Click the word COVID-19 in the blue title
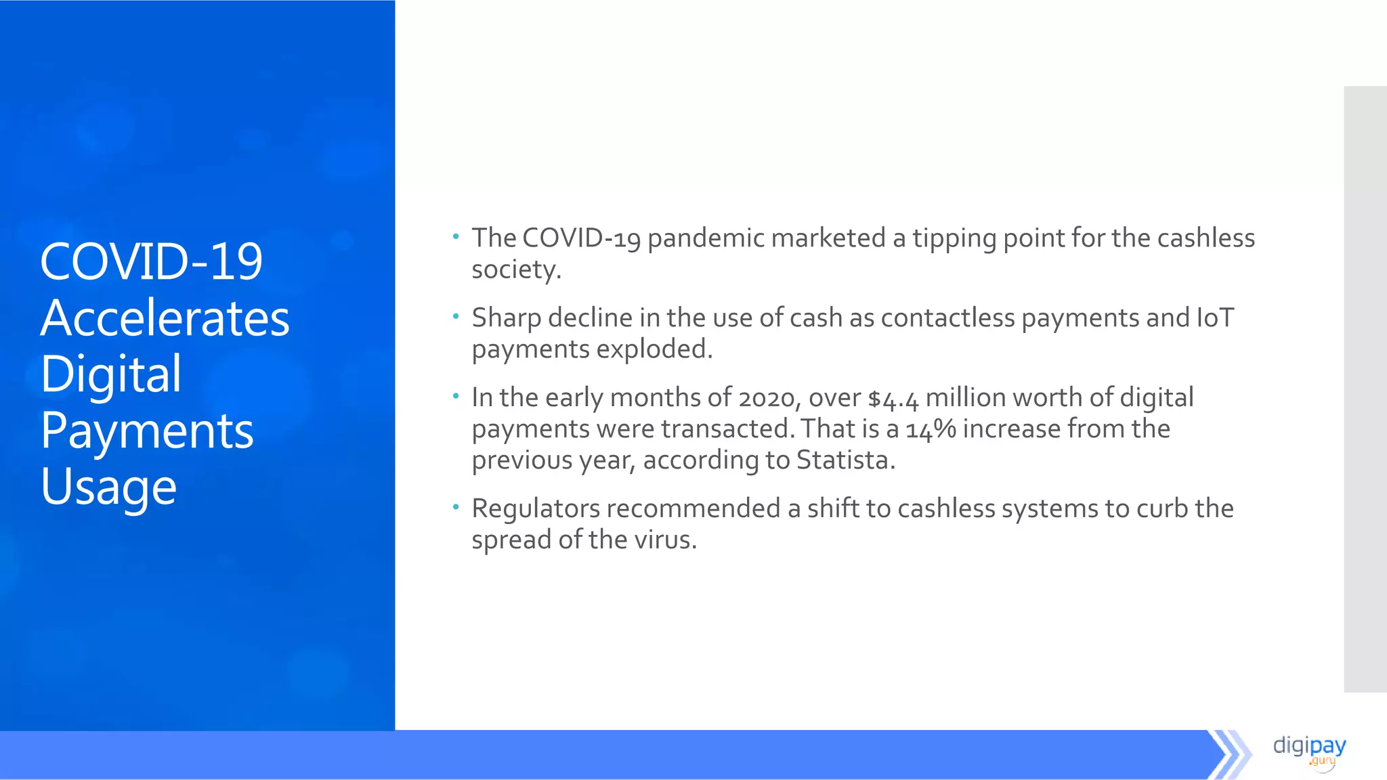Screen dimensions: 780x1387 click(x=151, y=262)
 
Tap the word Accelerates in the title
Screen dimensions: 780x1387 click(x=165, y=318)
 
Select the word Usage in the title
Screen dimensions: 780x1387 click(x=108, y=487)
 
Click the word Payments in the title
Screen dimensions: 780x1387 click(x=147, y=431)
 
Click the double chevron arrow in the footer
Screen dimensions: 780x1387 click(x=1229, y=754)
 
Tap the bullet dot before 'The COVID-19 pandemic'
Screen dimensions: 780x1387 click(x=456, y=236)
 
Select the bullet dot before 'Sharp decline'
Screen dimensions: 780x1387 click(x=456, y=316)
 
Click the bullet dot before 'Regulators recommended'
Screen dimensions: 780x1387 click(x=456, y=506)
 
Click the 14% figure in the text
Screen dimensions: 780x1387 click(x=931, y=430)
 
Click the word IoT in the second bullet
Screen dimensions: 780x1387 click(x=1215, y=318)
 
